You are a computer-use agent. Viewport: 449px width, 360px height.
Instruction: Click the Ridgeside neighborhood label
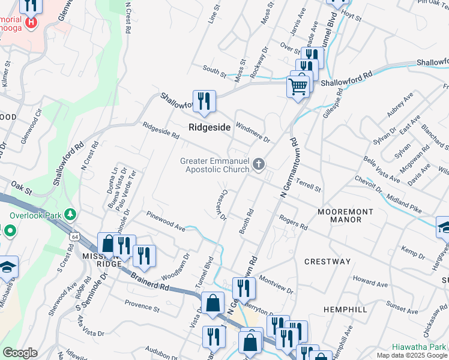tap(209, 128)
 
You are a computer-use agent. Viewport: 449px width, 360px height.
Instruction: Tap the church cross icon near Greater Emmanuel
tap(259, 164)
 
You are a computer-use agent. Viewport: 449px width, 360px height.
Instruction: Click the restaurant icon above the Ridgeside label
tap(204, 100)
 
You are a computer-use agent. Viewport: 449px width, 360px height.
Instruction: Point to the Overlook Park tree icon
tap(71, 214)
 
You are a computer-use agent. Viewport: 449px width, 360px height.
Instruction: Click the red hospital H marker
tap(31, 23)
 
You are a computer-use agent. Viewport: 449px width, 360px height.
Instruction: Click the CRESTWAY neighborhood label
tap(327, 262)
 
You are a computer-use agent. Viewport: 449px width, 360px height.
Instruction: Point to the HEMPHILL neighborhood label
tap(345, 308)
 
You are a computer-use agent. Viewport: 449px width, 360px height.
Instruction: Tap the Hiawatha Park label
tap(420, 347)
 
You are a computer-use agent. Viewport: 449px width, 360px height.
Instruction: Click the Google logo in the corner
tap(20, 353)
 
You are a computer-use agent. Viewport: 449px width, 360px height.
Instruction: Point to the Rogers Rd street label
tap(293, 223)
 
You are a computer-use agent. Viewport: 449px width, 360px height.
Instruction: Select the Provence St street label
tap(142, 308)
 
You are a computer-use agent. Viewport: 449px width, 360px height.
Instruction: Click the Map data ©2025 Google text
tap(412, 355)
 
